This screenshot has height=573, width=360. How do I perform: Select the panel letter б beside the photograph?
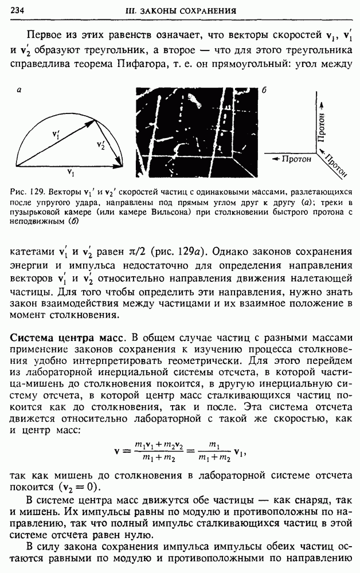click(264, 91)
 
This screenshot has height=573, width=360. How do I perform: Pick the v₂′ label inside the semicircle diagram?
click(101, 144)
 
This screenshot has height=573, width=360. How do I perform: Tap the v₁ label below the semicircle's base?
click(70, 172)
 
